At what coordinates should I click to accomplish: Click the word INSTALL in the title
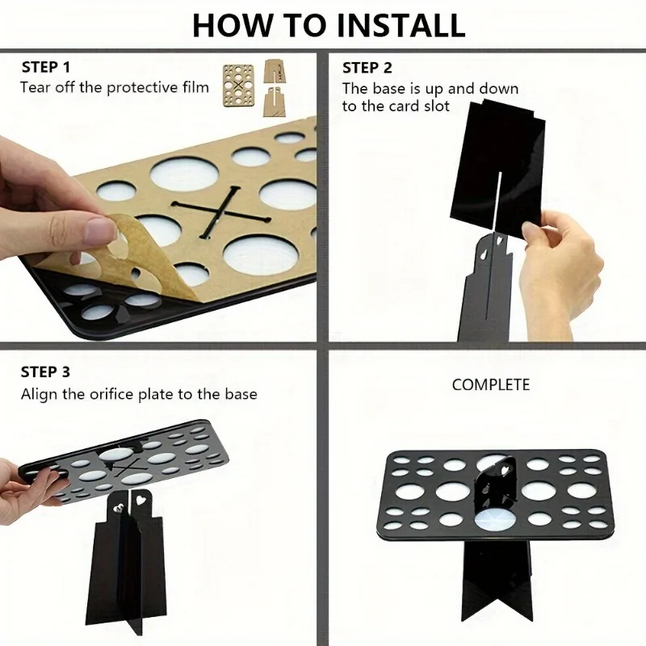pyautogui.click(x=401, y=25)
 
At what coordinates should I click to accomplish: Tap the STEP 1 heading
pyautogui.click(x=46, y=67)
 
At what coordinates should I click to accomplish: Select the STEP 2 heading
pyautogui.click(x=367, y=68)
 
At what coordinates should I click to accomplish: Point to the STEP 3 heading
pyautogui.click(x=45, y=372)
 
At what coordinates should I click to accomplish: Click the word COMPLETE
pyautogui.click(x=491, y=385)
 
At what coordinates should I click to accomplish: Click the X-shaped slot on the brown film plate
pyautogui.click(x=221, y=212)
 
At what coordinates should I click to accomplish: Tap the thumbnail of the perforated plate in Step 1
pyautogui.click(x=238, y=86)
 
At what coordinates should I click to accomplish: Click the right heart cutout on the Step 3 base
pyautogui.click(x=141, y=500)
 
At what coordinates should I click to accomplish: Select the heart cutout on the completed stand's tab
pyautogui.click(x=505, y=468)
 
